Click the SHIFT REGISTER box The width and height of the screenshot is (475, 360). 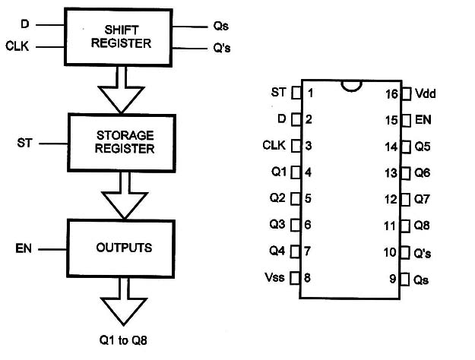[x=121, y=36]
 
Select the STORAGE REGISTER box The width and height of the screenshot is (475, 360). [x=125, y=141]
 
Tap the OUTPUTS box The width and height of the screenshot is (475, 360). [x=125, y=248]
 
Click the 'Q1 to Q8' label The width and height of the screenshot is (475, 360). [x=124, y=339]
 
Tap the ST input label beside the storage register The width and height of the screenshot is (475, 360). [x=25, y=142]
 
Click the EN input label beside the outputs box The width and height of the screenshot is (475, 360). [x=24, y=248]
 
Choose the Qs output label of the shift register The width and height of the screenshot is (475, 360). [x=221, y=25]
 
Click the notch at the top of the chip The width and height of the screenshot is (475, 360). [x=350, y=85]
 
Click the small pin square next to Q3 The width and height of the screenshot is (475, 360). [x=296, y=225]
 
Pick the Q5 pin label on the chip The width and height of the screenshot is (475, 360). [x=423, y=146]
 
